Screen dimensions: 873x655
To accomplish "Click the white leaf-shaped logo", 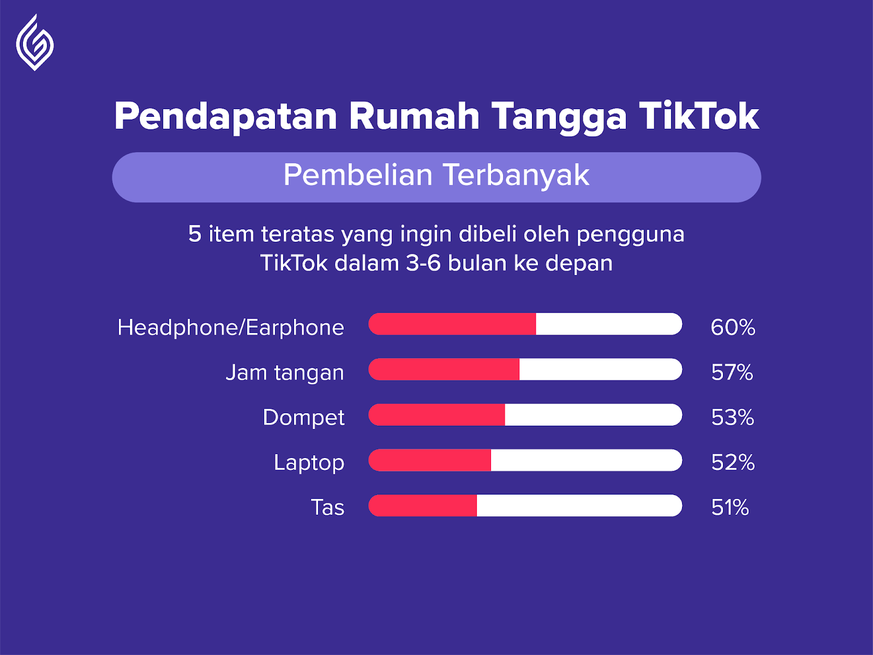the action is tap(34, 43).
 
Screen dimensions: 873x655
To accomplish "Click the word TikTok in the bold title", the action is tap(699, 116).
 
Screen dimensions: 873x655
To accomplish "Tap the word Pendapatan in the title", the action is tap(225, 116).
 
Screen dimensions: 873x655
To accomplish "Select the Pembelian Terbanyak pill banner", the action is tap(436, 177).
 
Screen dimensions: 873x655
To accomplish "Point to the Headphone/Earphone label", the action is tap(231, 327).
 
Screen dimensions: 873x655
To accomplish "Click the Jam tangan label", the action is tap(285, 373).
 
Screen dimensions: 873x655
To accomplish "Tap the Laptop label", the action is tap(309, 463).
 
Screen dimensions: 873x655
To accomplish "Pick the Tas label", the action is tap(327, 508).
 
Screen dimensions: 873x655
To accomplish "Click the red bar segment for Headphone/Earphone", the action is tap(452, 324).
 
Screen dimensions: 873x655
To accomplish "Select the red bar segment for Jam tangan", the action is tap(444, 369).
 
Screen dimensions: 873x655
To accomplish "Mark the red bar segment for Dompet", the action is tap(436, 415).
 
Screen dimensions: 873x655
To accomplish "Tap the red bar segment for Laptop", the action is tap(429, 460).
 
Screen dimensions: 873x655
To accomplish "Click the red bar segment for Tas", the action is tap(422, 505).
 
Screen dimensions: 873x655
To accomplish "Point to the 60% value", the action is tap(733, 327).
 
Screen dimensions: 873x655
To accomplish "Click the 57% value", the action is tap(732, 373).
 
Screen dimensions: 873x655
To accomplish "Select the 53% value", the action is tap(733, 418).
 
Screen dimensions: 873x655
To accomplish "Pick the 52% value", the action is tap(733, 462).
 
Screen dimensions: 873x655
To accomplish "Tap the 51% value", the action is tap(730, 508).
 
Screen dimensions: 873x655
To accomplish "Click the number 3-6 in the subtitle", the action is tap(423, 263).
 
